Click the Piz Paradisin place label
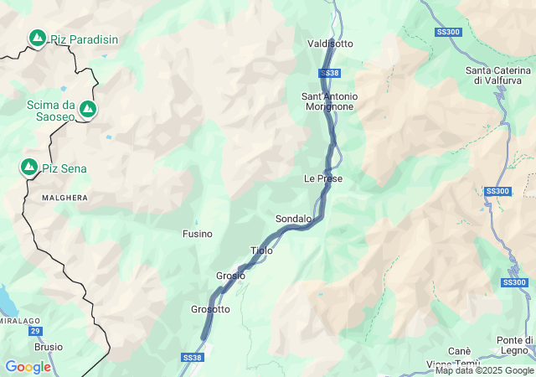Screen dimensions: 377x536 pos(84,39)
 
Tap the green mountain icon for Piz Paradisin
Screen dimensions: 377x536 pos(38,38)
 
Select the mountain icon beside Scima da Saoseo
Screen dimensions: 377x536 pos(87,109)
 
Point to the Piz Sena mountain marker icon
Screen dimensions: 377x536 pos(29,168)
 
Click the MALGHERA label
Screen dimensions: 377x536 pos(65,198)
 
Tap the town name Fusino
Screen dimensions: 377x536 pos(198,234)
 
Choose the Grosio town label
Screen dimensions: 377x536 pos(230,276)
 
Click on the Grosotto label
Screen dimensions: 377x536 pos(210,309)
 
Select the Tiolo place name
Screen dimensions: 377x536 pos(261,250)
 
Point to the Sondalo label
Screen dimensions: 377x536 pos(293,219)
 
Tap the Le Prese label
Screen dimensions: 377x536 pos(323,178)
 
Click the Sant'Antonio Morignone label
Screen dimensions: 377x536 pos(328,101)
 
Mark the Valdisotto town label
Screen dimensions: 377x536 pos(330,43)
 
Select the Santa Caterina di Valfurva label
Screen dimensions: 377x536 pos(500,75)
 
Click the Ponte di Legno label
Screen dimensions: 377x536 pos(515,344)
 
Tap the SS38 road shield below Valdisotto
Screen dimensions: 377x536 pos(330,74)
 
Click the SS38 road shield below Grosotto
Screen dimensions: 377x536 pos(192,358)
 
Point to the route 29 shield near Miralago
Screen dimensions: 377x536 pos(36,332)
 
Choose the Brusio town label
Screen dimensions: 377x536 pos(49,346)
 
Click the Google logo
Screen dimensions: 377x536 pos(28,367)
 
